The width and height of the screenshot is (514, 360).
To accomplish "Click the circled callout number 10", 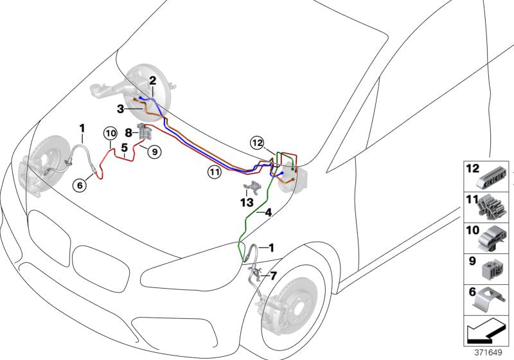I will coord(110,134).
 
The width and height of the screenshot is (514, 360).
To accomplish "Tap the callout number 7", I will coord(273,276).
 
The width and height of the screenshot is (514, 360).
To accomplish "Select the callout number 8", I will coord(128,133).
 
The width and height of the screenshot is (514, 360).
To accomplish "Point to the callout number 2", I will coord(153,81).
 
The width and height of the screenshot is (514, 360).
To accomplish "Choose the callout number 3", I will coord(120,110).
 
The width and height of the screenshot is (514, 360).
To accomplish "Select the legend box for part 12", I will coord(488,175).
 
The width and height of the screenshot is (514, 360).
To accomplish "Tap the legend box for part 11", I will coord(488,206).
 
